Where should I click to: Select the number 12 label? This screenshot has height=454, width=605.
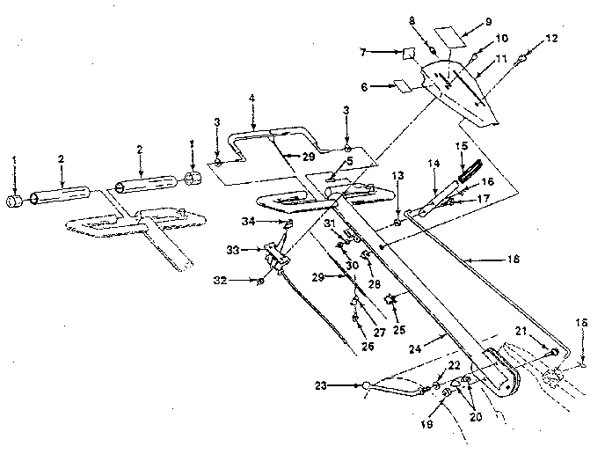(551, 39)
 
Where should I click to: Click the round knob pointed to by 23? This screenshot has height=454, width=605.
(366, 384)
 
